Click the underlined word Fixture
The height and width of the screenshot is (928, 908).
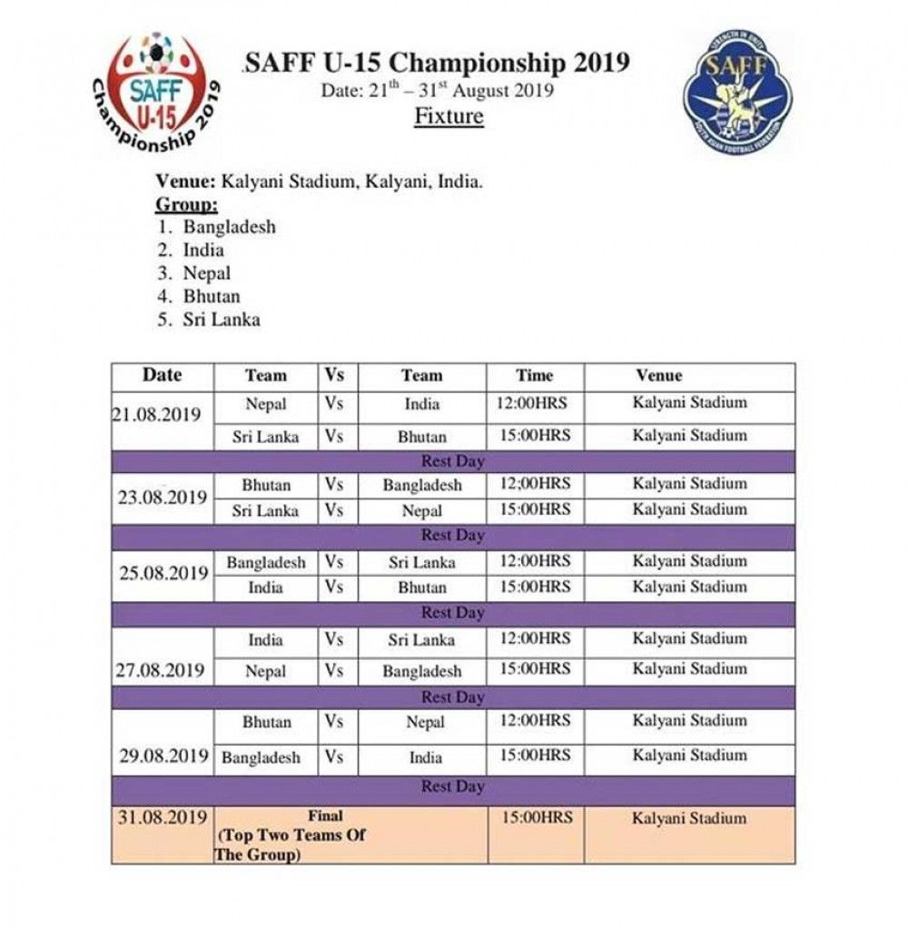[449, 116]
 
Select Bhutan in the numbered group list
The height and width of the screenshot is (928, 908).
[212, 296]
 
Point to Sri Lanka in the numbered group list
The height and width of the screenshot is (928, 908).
[221, 320]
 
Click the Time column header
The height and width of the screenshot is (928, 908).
[535, 375]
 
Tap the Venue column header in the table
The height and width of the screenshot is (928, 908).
[659, 375]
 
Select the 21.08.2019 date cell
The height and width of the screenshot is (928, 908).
[156, 415]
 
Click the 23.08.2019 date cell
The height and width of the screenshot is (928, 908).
[163, 498]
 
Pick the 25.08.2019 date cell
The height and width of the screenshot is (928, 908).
[163, 574]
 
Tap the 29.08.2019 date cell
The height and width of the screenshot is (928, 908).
[163, 755]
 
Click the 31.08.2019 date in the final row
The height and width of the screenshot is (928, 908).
[163, 818]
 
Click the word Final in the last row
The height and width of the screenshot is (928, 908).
[325, 816]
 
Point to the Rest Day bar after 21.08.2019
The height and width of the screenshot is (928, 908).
[453, 461]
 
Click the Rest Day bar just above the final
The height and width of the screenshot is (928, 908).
[453, 786]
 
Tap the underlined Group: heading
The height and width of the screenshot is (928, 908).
[186, 203]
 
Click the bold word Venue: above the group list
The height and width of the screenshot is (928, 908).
[185, 182]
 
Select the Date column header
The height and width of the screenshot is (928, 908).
[162, 374]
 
